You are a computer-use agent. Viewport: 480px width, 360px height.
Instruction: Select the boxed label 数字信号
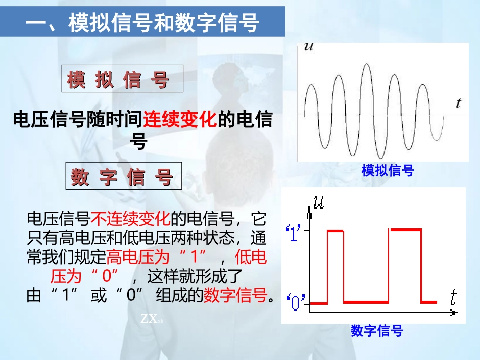coord(123,177)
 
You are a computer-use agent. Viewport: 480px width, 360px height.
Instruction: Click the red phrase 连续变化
coord(180,120)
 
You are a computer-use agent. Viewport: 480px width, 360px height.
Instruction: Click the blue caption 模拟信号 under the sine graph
coord(388,171)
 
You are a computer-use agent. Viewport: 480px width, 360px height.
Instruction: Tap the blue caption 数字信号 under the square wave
coord(377,331)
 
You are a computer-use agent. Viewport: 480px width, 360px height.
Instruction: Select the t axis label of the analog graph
coord(458,104)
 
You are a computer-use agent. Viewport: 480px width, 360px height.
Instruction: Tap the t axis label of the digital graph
coord(453,298)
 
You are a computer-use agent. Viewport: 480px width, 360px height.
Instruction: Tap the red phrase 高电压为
coord(138,258)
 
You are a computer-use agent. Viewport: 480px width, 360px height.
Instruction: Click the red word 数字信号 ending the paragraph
coord(235,296)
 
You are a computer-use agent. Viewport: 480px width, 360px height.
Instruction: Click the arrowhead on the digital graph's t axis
coord(454,313)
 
